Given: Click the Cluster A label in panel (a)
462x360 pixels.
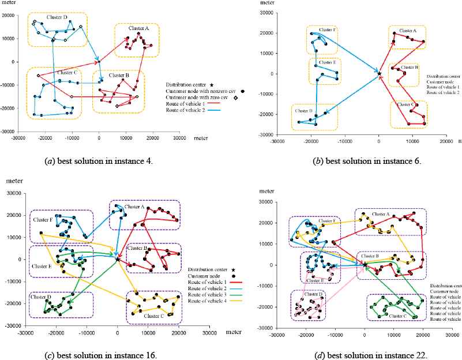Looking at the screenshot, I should (138, 28).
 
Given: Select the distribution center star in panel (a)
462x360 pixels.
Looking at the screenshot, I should (99, 61).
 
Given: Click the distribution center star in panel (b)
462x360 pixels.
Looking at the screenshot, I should (379, 73).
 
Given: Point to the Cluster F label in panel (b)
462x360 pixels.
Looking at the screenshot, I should (327, 29).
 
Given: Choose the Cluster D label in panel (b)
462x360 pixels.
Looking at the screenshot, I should (304, 111).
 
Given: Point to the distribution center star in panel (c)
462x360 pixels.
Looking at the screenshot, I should (118, 260).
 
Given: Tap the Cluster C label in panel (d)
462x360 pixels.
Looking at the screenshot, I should (397, 316).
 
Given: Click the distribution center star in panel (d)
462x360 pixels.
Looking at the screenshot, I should (365, 264).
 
